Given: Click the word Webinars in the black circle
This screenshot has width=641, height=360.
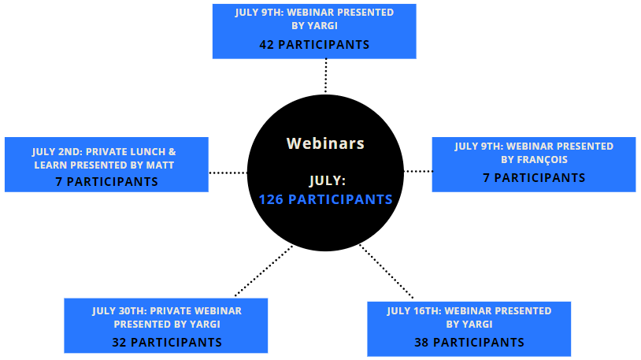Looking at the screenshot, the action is tap(325, 143).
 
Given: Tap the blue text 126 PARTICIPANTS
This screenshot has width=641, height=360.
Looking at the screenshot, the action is tap(326, 199).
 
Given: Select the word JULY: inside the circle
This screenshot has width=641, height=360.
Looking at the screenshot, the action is tap(328, 180).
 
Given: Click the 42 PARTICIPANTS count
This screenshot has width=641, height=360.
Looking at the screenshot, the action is tap(314, 45).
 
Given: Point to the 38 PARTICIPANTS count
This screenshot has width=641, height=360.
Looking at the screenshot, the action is tap(469, 343).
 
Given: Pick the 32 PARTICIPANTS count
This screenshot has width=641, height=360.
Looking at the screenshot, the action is tap(167, 343).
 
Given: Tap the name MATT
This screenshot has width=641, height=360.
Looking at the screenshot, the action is tap(163, 165).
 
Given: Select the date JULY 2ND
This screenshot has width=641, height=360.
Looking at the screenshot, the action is tap(57, 152).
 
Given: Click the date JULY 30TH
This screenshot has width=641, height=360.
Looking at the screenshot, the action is tap(118, 311).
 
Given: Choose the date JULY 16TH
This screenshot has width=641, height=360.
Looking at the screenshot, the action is tap(413, 311).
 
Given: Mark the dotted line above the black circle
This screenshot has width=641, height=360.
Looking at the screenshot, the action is tap(326, 76).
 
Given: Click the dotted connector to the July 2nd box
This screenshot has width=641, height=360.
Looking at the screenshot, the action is tap(228, 173).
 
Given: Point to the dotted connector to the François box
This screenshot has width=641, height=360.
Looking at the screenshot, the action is tap(418, 172).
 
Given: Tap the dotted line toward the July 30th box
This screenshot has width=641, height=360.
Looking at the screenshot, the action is tap(264, 270).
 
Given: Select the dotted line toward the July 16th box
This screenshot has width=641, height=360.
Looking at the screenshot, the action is tap(387, 271).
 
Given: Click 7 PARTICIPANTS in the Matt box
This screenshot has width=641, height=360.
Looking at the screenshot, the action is tap(106, 182).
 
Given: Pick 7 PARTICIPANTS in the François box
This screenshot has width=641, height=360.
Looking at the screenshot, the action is tap(534, 178).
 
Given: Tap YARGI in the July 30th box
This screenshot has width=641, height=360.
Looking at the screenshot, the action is tap(205, 325).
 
